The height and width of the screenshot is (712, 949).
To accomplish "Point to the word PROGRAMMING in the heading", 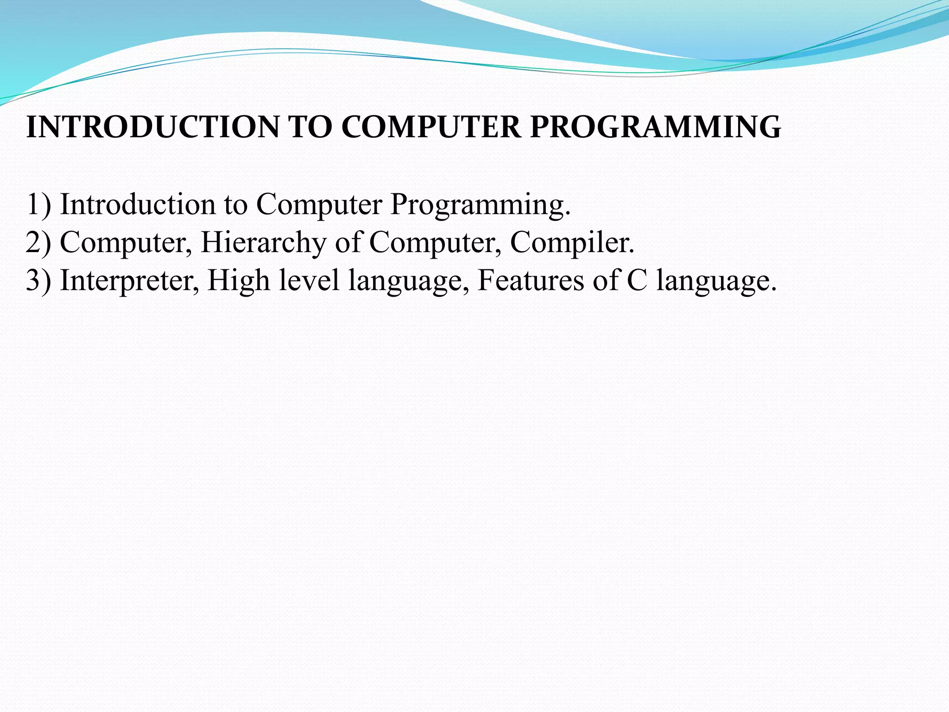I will click(x=655, y=127).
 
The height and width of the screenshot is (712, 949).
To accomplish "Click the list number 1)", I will click(x=38, y=204).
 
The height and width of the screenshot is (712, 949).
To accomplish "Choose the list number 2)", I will click(x=38, y=242).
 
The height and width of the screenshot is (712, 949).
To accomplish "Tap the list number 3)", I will click(x=38, y=280).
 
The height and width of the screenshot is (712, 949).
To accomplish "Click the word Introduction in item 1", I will click(x=138, y=204).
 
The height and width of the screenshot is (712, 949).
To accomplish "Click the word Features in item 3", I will click(x=531, y=280).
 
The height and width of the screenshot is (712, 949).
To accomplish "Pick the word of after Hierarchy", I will click(x=348, y=242).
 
